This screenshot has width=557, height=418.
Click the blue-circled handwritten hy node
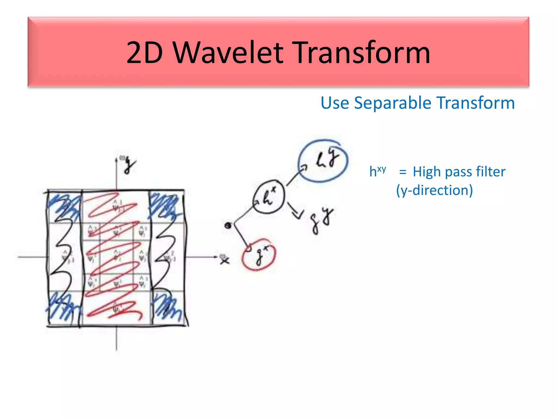(323, 161)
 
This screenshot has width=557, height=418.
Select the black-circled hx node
(269, 196)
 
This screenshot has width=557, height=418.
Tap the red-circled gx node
(259, 255)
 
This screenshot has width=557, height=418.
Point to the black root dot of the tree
(228, 225)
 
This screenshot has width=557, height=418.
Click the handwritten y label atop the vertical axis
(129, 165)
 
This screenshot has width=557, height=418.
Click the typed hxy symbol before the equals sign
(377, 171)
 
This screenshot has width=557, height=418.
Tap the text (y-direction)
(434, 190)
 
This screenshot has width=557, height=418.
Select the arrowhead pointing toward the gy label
(297, 215)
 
